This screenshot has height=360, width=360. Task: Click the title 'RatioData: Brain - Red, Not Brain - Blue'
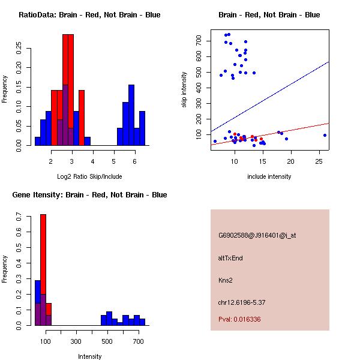pyautogui.click(x=89, y=15)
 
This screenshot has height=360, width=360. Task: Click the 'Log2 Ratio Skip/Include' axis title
pyautogui.click(x=89, y=176)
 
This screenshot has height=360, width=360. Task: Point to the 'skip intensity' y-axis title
pyautogui.click(x=184, y=90)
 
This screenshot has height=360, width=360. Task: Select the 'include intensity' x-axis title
pyautogui.click(x=269, y=176)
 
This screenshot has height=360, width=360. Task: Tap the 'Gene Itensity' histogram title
pyautogui.click(x=89, y=195)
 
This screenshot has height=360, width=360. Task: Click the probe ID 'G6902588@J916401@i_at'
pyautogui.click(x=257, y=235)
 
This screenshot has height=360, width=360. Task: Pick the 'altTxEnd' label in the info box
pyautogui.click(x=230, y=258)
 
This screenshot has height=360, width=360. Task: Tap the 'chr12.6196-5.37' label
pyautogui.click(x=242, y=302)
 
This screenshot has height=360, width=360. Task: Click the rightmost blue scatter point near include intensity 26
pyautogui.click(x=325, y=135)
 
